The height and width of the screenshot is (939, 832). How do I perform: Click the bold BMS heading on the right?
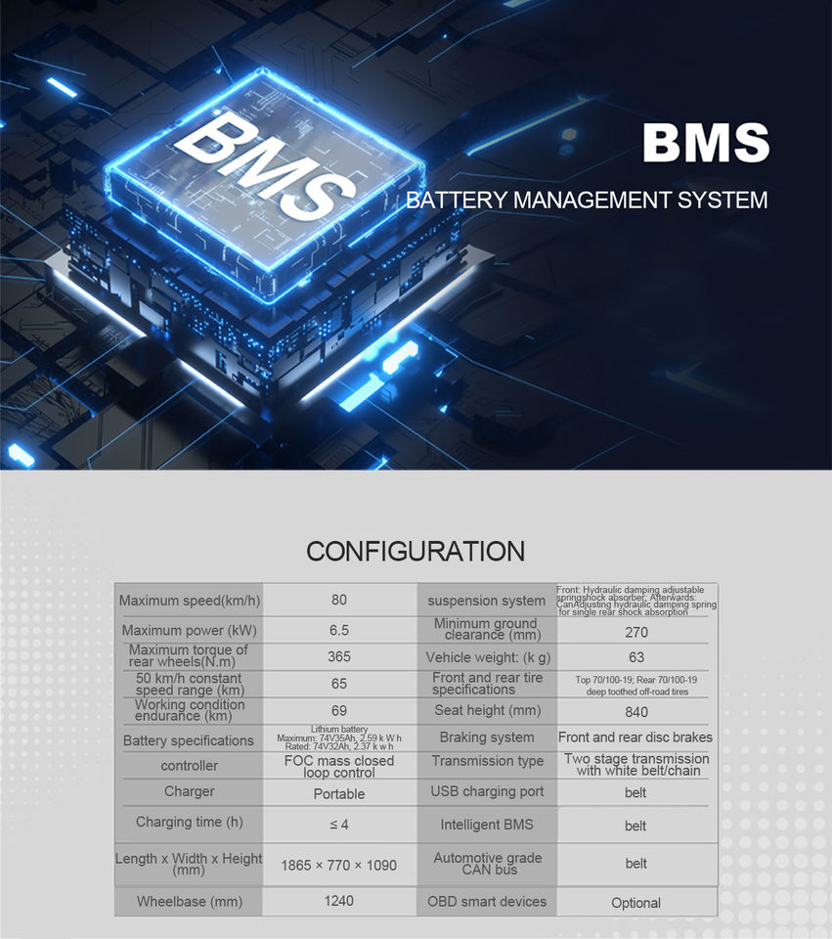(x=705, y=143)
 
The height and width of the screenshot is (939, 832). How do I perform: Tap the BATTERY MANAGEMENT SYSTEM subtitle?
(x=587, y=201)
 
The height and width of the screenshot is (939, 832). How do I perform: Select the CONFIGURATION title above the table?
(x=416, y=551)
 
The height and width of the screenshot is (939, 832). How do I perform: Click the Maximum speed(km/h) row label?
(x=190, y=601)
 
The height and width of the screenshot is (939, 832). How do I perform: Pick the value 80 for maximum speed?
(x=339, y=600)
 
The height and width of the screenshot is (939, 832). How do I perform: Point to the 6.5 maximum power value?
(x=339, y=631)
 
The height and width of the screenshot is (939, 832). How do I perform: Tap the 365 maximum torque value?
(x=339, y=657)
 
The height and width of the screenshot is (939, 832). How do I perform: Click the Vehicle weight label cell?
(x=486, y=657)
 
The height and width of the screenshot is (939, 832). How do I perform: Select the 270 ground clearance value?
(x=635, y=633)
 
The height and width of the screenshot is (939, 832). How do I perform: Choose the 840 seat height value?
(x=635, y=712)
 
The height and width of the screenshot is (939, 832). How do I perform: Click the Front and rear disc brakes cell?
(x=635, y=738)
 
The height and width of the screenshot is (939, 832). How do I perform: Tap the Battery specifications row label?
(x=189, y=740)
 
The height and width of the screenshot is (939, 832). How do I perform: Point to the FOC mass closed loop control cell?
(x=339, y=766)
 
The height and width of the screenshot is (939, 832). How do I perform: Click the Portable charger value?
(x=339, y=793)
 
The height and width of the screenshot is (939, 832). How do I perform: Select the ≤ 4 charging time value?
(x=339, y=824)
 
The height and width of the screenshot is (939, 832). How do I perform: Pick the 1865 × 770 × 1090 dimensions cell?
(x=339, y=866)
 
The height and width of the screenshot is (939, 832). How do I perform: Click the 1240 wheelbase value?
(x=339, y=901)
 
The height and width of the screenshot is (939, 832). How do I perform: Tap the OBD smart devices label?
(x=487, y=901)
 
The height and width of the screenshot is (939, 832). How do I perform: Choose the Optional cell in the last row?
(x=635, y=903)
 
